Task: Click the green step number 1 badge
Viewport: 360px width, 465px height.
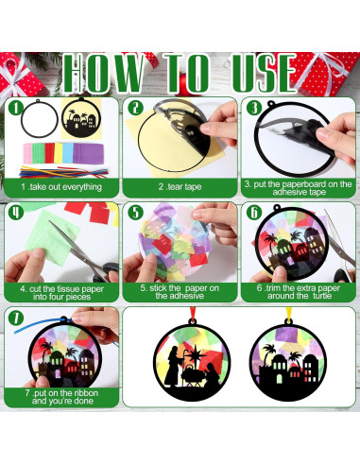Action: (x=16, y=109)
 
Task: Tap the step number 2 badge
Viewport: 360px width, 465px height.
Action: (x=135, y=109)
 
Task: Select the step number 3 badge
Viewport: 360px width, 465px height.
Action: (x=252, y=109)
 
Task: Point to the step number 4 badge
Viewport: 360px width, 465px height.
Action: (x=16, y=212)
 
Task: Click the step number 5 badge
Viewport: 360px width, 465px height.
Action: (x=135, y=212)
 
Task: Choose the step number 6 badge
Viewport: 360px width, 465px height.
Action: (x=252, y=212)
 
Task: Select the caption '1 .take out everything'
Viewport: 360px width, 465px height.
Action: (x=59, y=187)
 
